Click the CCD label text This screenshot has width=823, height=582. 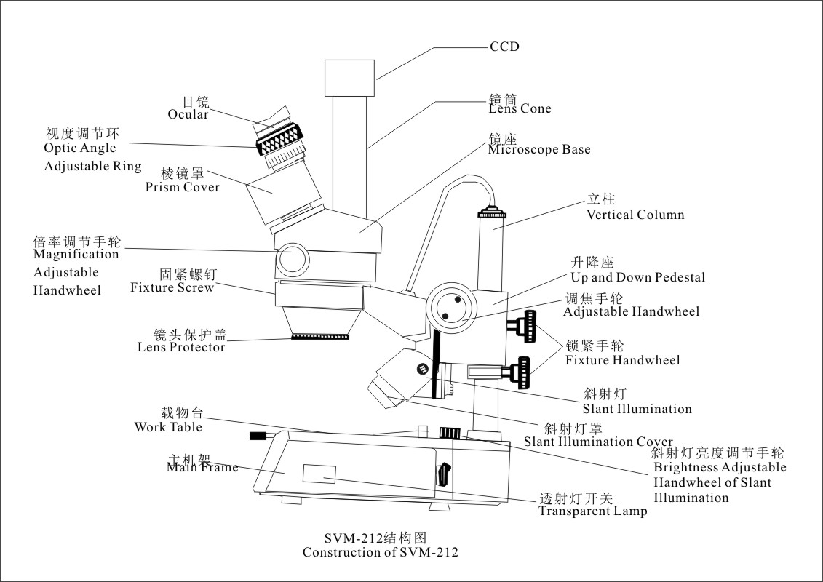click(504, 47)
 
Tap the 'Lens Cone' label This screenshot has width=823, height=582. click(520, 109)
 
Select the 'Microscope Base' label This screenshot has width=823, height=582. click(538, 150)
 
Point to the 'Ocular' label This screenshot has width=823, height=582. click(188, 115)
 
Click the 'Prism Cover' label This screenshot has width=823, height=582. click(182, 187)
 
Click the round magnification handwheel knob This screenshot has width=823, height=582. click(295, 258)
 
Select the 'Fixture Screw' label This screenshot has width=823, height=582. click(172, 287)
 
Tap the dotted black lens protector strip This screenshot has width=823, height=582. click(320, 337)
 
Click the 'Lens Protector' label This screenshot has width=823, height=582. click(181, 347)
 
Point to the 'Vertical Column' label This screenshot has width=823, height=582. click(635, 215)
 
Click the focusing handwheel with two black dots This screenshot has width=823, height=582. click(450, 308)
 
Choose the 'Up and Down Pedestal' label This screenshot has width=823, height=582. click(637, 277)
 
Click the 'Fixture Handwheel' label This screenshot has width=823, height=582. click(622, 360)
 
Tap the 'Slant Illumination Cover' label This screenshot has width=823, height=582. click(598, 442)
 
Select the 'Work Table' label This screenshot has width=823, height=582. click(168, 427)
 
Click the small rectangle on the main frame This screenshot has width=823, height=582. click(319, 474)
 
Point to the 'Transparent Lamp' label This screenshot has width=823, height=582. click(592, 511)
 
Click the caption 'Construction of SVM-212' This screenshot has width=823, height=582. click(381, 552)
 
